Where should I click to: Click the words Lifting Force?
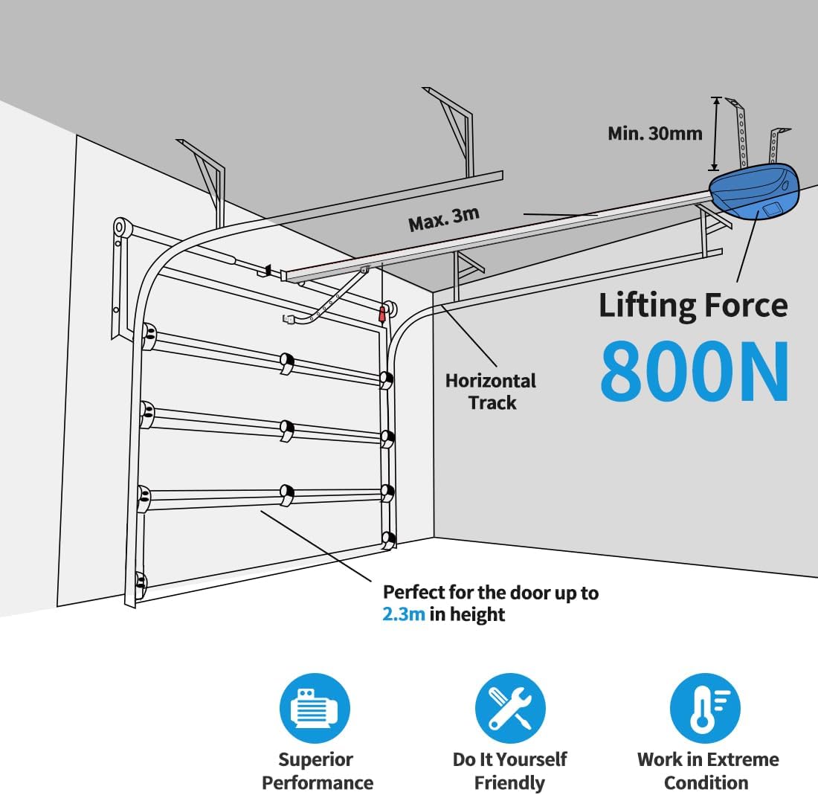pos(693,306)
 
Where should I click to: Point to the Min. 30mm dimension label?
pos(654,134)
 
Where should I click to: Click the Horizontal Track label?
pos(491,392)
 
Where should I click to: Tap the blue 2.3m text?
pos(404,615)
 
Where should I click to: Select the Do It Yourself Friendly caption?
pos(510,771)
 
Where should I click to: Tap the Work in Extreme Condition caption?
pos(708,771)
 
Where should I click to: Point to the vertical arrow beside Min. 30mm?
pos(715,134)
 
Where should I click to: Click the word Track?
pos(492,403)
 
